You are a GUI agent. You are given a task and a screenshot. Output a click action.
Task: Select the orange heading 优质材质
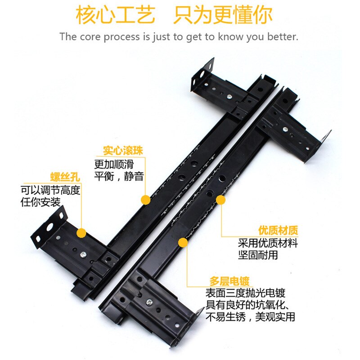[x=278, y=231]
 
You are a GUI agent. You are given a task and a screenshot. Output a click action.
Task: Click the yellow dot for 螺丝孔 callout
[x=81, y=233]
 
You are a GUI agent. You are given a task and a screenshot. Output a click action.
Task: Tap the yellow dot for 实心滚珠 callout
[x=145, y=199]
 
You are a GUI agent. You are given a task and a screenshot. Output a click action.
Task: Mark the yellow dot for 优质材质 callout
[x=221, y=198]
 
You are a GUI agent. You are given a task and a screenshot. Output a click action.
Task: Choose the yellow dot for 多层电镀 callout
[x=183, y=243]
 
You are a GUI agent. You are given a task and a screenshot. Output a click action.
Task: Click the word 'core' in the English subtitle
[x=90, y=37]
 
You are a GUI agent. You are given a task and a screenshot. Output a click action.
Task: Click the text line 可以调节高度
[x=50, y=190]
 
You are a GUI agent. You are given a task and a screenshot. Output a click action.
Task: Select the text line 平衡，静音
[x=119, y=175]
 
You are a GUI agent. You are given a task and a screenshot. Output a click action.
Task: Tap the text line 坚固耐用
[x=258, y=255]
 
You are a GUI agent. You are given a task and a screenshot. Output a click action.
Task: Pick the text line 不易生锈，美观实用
[x=250, y=317]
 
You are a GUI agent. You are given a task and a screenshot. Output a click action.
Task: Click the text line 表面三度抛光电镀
[x=245, y=292]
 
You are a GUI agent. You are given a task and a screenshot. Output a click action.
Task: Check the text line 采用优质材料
[x=268, y=243]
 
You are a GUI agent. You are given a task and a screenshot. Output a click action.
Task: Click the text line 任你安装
[x=40, y=202]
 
